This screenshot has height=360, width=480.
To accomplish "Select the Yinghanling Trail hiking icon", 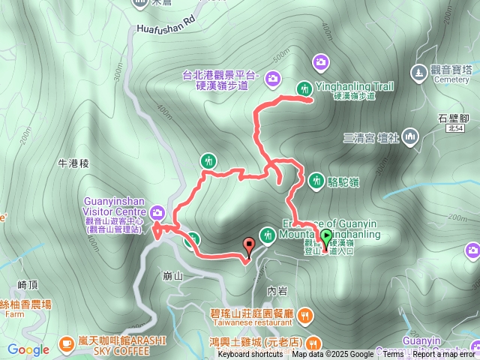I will pyautogui.click(x=304, y=87).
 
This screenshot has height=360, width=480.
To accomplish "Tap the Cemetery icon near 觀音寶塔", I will pyautogui.click(x=418, y=72).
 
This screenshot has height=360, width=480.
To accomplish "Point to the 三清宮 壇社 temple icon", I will pyautogui.click(x=409, y=136).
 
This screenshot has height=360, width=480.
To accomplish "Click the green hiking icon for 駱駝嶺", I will pyautogui.click(x=316, y=180).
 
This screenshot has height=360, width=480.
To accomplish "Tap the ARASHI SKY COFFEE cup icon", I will pyautogui.click(x=66, y=342).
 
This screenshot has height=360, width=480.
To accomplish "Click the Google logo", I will pyautogui.click(x=28, y=349).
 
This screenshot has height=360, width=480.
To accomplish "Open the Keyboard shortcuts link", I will pyautogui.click(x=250, y=355).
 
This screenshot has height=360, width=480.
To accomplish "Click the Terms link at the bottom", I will pyautogui.click(x=393, y=355).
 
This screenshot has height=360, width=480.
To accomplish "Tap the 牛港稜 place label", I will pyautogui.click(x=73, y=162).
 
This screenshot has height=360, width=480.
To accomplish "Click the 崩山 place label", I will pyautogui.click(x=172, y=275).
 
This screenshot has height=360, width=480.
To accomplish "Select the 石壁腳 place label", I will pyautogui.click(x=453, y=118).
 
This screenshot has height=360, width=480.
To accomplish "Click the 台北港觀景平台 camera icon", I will pyautogui.click(x=272, y=77).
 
